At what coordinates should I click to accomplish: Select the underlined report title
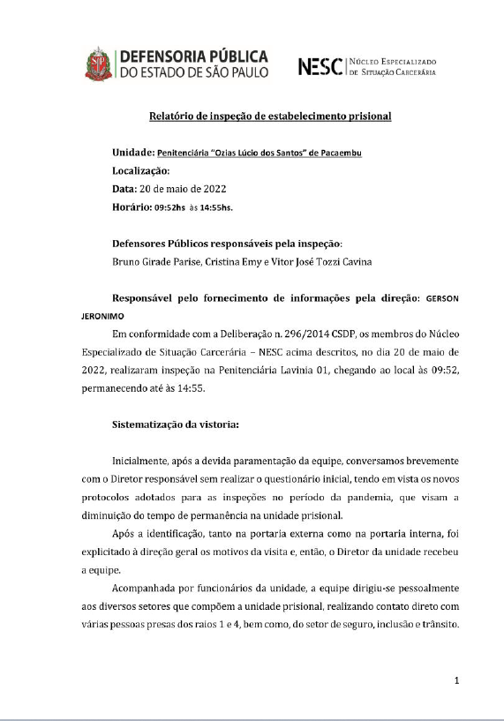point(269,116)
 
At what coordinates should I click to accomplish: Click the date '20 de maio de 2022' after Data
point(190,189)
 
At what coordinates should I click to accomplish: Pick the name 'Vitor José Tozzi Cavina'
point(345,262)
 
